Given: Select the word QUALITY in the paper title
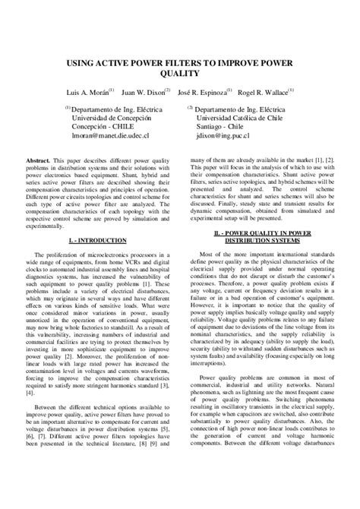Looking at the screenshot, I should pos(179,74).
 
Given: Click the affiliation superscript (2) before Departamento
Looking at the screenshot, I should pos(191,109).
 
